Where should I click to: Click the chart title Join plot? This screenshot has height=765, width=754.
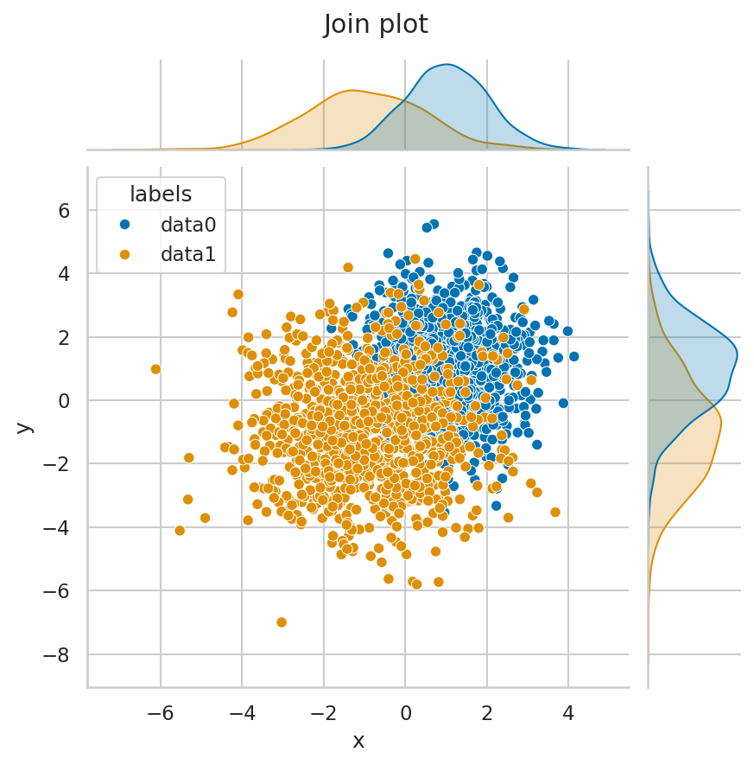[376, 24]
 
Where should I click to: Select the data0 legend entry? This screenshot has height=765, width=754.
[187, 225]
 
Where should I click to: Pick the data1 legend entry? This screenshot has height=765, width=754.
[187, 254]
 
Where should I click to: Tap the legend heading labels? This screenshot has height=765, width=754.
[161, 194]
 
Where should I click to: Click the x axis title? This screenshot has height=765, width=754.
[358, 742]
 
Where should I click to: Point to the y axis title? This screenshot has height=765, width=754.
[24, 426]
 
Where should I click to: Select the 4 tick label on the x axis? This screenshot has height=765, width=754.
[568, 714]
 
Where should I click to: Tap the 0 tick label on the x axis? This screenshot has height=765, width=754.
[405, 714]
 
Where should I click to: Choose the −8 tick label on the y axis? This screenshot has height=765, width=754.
[58, 654]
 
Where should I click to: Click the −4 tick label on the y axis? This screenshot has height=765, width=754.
[58, 527]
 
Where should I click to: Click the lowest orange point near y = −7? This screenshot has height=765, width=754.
[282, 622]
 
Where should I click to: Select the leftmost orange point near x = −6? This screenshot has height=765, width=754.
[155, 369]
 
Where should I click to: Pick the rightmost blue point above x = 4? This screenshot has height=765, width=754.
[573, 356]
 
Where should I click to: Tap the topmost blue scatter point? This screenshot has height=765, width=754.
[434, 224]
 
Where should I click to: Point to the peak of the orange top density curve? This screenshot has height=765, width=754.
[352, 91]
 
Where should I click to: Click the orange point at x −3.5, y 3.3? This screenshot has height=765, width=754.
[238, 295]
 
